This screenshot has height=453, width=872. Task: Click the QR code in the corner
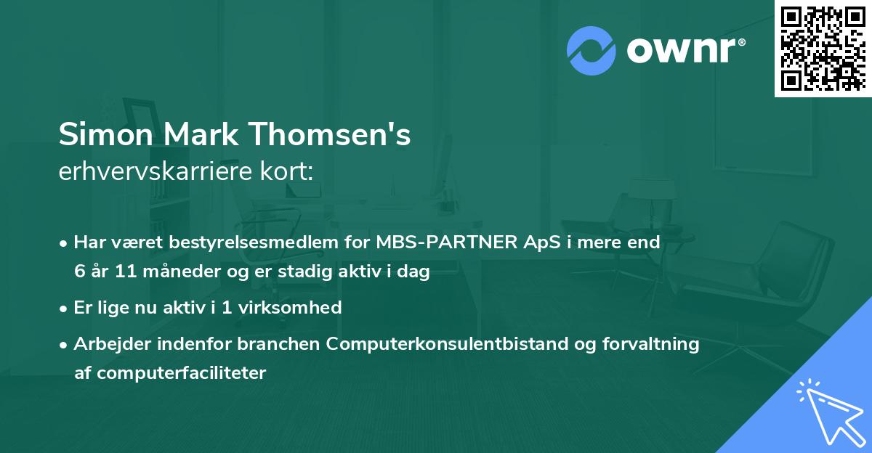click(x=823, y=48)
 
